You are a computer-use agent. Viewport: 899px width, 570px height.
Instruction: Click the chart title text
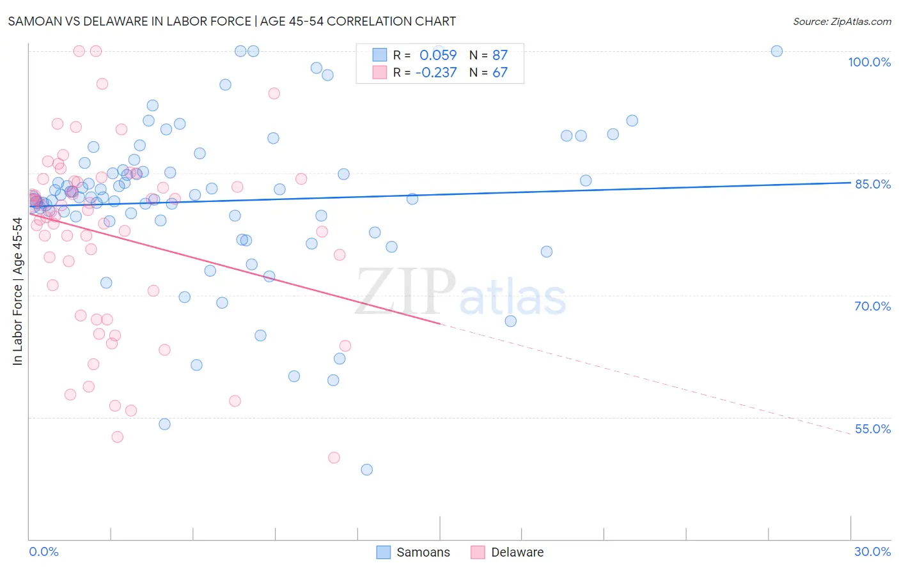click(231, 21)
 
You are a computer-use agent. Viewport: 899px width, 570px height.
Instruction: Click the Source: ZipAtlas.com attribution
click(841, 21)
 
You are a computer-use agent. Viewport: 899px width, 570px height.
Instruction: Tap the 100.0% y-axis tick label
click(869, 62)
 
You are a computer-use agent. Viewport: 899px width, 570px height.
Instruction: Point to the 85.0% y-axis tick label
click(872, 184)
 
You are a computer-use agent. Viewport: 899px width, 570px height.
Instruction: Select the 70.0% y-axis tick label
click(872, 306)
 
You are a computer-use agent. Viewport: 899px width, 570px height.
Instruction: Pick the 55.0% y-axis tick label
click(872, 429)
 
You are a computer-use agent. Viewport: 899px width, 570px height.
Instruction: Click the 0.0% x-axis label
click(43, 551)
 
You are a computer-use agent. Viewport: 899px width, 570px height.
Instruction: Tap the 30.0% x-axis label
click(872, 551)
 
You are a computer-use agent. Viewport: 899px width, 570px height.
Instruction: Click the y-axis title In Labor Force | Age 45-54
click(17, 291)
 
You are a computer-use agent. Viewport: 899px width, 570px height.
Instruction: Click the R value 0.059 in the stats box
click(438, 55)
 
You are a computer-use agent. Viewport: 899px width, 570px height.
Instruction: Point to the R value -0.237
click(436, 73)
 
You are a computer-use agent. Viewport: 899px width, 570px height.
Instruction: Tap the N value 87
click(499, 55)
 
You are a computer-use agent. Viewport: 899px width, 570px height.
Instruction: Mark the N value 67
click(499, 73)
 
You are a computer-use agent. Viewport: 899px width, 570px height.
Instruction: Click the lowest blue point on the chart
click(366, 470)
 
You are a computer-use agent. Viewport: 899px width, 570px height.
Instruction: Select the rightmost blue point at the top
click(777, 51)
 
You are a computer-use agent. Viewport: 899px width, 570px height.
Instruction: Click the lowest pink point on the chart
click(334, 458)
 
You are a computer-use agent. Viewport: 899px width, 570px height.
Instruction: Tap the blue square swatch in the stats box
click(380, 55)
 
